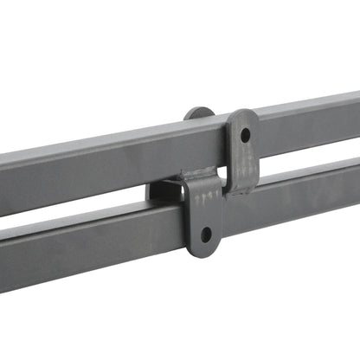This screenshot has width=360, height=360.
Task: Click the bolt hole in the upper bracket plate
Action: pos(245,136)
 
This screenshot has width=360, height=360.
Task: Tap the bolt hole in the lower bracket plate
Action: pos(205,234)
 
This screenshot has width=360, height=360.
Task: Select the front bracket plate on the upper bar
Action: pos(242,151)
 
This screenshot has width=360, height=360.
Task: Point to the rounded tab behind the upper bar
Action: pos(198,113)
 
